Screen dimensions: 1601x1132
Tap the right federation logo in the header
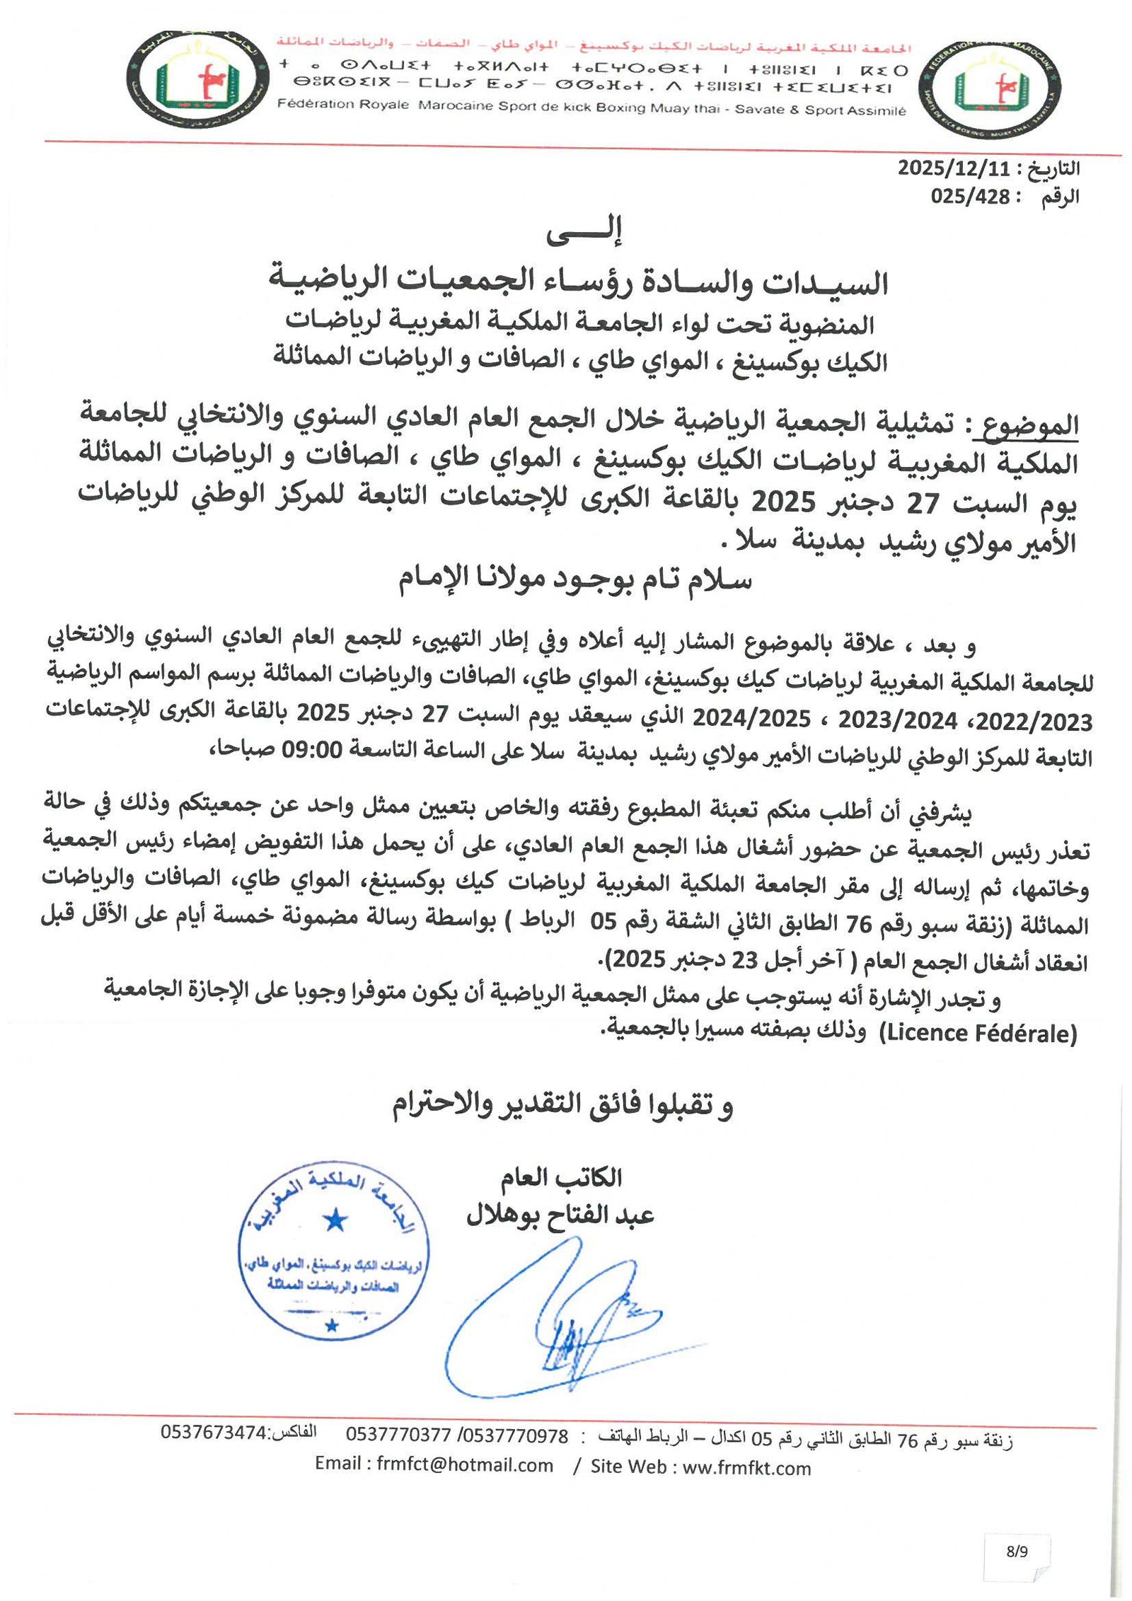[x=994, y=88]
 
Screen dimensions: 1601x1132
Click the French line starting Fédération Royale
[x=591, y=108]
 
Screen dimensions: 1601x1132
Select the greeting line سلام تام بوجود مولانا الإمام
[x=574, y=579]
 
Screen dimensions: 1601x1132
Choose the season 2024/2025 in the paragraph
[x=751, y=719]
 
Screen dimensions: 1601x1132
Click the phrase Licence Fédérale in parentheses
[x=978, y=1033]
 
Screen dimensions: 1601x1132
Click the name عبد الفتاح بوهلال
[x=560, y=1215]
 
